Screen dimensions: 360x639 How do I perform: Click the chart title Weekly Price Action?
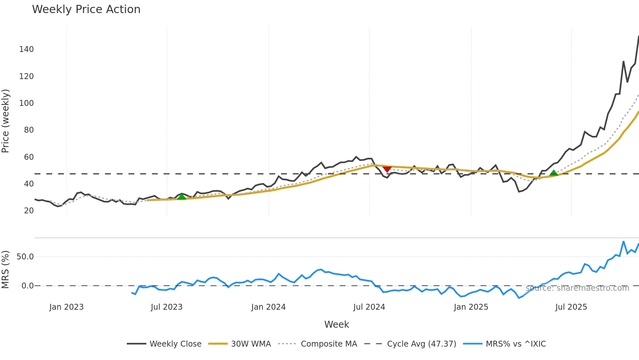[86, 9]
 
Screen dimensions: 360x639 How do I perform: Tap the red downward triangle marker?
[387, 169]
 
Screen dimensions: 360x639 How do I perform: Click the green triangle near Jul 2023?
[182, 197]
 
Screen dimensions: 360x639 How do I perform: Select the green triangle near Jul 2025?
[554, 173]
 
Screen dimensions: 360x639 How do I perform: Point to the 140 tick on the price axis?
[26, 49]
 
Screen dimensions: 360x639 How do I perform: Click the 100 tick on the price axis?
[26, 103]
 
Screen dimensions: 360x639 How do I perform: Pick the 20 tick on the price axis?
[29, 211]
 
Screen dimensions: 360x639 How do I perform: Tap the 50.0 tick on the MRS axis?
[25, 257]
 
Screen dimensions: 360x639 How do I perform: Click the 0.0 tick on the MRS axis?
[27, 286]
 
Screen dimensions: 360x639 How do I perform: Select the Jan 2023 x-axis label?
[67, 307]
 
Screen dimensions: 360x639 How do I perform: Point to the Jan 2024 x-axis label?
[268, 307]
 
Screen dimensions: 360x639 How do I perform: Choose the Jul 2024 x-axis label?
[369, 307]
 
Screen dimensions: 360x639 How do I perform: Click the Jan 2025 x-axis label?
[471, 307]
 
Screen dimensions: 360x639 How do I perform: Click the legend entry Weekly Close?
[175, 344]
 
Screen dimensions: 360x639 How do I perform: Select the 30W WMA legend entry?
[251, 344]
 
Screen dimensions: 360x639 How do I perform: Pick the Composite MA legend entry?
[329, 344]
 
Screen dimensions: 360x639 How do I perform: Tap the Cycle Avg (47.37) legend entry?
[421, 344]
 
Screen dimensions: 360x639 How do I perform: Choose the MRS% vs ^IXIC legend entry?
[515, 344]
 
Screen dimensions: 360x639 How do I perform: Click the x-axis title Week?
[336, 324]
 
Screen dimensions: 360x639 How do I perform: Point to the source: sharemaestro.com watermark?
[577, 288]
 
